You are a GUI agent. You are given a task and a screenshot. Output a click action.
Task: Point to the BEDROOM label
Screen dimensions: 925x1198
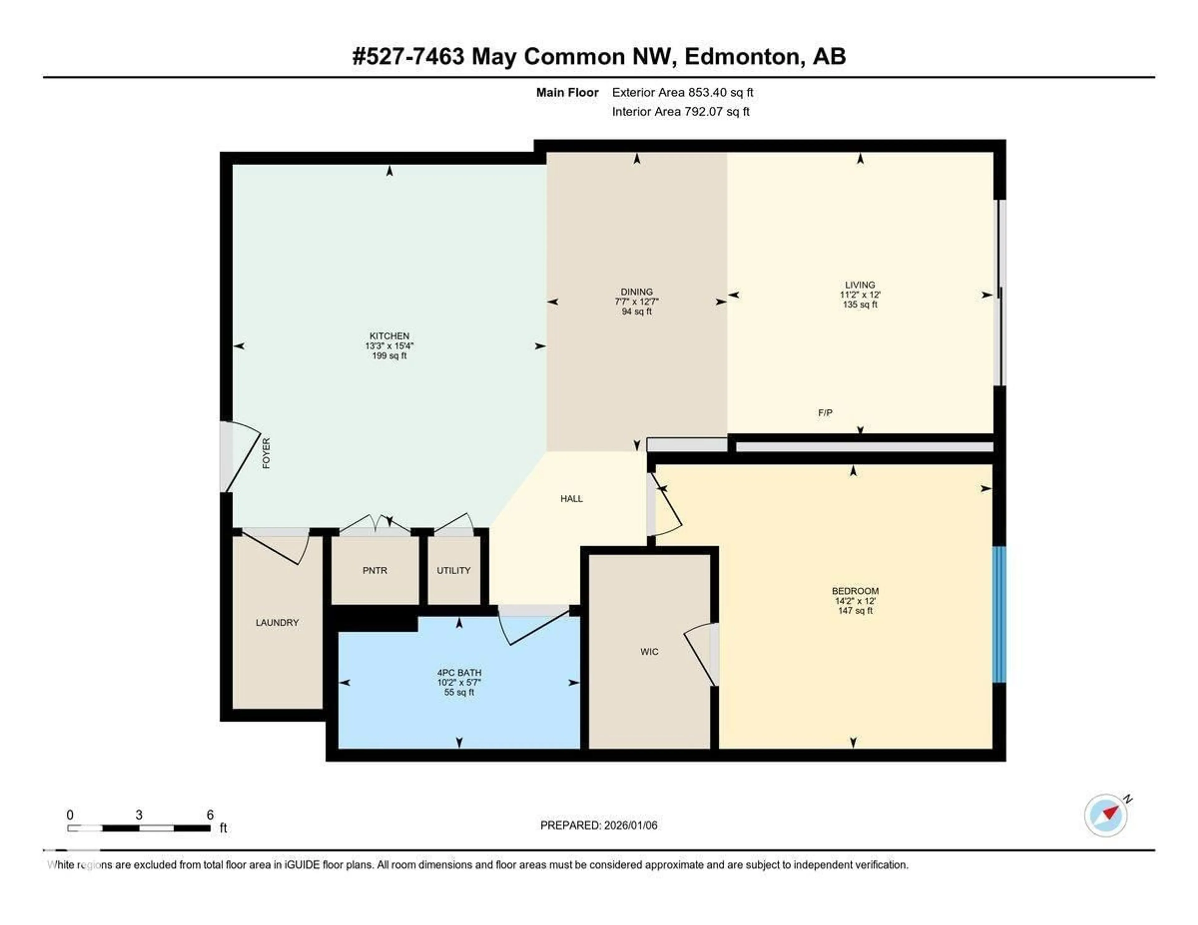[855, 591]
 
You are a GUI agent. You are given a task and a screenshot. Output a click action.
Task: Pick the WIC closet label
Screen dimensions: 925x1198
[649, 652]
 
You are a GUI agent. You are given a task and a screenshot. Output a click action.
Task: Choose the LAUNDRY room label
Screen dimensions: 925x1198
[277, 623]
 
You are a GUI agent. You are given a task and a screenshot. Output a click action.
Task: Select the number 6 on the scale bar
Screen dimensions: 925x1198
[210, 815]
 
